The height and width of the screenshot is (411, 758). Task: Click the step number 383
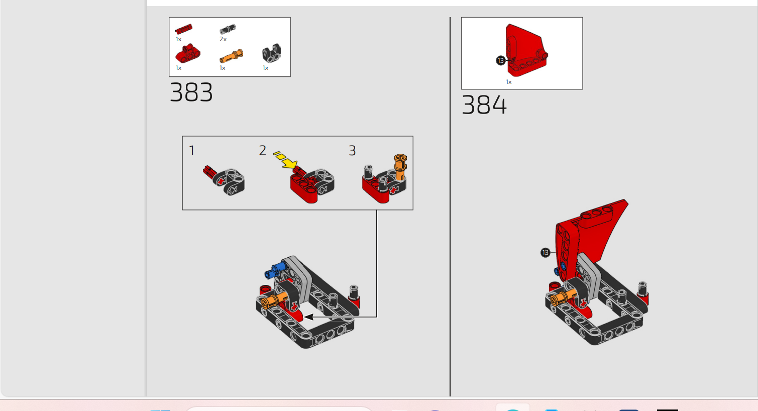191,92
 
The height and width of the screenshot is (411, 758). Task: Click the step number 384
484,105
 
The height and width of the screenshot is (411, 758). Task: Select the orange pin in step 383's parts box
231,56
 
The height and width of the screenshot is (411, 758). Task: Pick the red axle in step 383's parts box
184,29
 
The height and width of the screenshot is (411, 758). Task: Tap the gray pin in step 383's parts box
228,29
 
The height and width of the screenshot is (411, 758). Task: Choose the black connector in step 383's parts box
271,53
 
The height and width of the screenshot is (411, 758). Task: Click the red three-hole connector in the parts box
188,53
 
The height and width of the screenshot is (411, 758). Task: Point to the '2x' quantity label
223,39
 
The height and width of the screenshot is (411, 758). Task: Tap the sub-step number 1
191,151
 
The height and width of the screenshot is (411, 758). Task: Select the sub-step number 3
352,151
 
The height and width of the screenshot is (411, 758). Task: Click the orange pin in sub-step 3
400,167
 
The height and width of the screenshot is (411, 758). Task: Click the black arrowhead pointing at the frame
308,317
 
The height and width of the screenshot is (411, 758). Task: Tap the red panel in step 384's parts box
526,50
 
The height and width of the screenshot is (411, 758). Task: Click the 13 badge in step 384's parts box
500,61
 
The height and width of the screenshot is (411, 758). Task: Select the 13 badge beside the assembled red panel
545,253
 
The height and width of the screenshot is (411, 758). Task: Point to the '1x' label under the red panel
509,82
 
